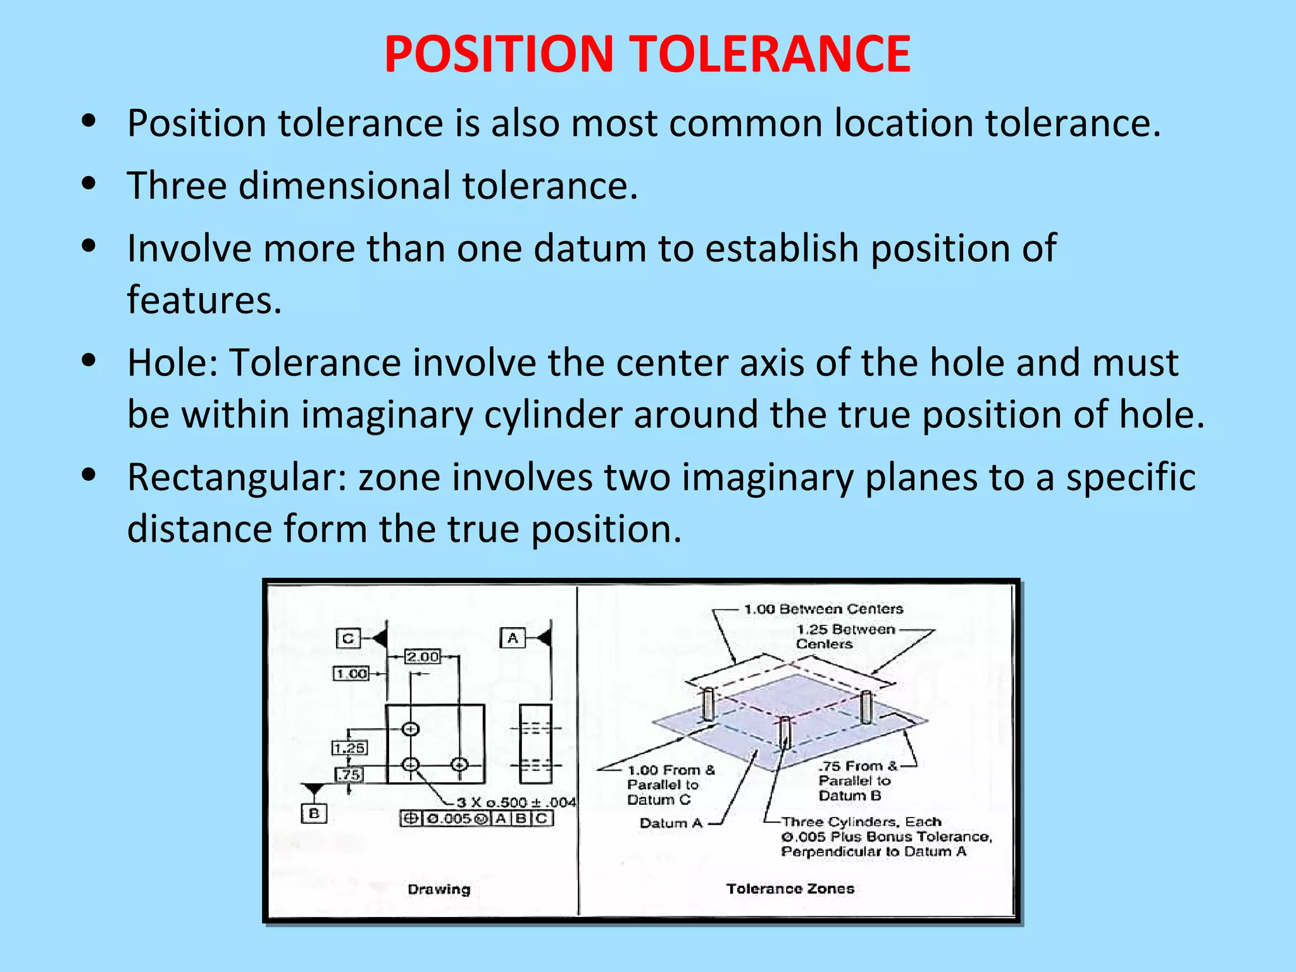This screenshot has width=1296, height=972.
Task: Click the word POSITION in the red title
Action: tap(499, 54)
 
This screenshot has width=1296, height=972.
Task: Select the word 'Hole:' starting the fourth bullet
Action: tap(172, 363)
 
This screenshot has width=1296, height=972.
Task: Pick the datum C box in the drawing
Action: tap(347, 638)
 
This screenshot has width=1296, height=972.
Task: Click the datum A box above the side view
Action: tap(513, 638)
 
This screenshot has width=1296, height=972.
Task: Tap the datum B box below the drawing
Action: tap(314, 813)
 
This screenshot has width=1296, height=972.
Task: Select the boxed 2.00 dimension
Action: tap(423, 657)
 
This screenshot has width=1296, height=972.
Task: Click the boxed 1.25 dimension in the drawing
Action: tap(349, 748)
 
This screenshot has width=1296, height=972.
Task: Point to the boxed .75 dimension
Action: tap(349, 775)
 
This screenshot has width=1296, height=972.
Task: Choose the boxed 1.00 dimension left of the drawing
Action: tap(351, 673)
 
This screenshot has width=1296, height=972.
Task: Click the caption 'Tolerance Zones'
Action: tap(790, 888)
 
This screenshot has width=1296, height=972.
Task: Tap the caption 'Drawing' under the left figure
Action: tap(439, 889)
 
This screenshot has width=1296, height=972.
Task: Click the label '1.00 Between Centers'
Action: tap(823, 609)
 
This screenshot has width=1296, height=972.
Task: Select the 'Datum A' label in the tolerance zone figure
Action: tap(671, 823)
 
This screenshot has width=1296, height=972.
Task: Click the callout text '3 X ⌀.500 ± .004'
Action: tap(516, 802)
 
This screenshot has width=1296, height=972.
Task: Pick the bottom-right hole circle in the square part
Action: tap(459, 765)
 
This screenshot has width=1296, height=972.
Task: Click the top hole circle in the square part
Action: tap(411, 729)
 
